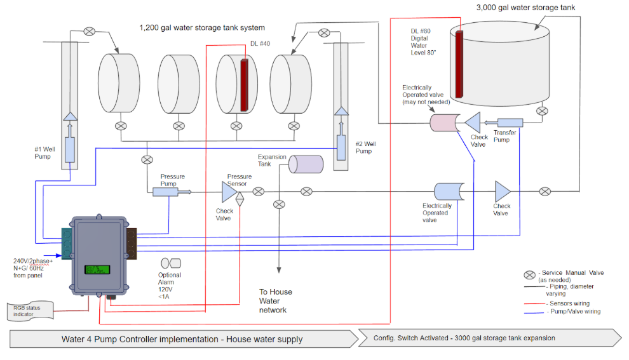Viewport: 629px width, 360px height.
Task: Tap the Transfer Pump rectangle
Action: [510, 122]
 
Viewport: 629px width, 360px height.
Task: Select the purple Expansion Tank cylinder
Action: [306, 164]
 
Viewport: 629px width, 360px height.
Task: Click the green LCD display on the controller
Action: [97, 269]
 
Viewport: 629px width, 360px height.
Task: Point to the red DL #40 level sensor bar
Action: [243, 86]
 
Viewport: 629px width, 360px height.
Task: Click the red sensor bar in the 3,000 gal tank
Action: [459, 63]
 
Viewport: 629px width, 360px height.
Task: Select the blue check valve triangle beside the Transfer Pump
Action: [473, 123]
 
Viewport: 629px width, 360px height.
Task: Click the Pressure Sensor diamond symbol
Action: [240, 197]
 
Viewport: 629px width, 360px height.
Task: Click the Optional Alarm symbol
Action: [170, 263]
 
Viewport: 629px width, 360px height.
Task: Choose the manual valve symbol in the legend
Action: [529, 276]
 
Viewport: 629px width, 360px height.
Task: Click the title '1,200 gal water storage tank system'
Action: [202, 28]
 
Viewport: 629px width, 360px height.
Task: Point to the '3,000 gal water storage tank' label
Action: [526, 8]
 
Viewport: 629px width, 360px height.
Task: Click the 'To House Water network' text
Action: [276, 301]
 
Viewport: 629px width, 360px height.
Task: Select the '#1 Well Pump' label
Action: [46, 153]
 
